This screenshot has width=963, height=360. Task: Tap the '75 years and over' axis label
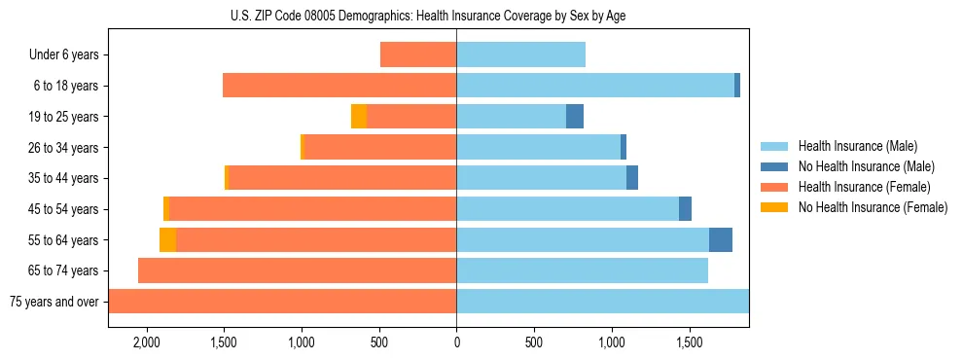coord(54,302)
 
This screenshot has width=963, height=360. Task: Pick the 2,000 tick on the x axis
coord(147,343)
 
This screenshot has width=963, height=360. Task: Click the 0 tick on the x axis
coord(456,343)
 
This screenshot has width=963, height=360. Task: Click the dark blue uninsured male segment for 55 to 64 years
coord(721,240)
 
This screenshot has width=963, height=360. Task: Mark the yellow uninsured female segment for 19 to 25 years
coord(359,117)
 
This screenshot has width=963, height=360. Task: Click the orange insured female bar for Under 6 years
coord(418,55)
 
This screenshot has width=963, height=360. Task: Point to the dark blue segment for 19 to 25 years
coord(575,117)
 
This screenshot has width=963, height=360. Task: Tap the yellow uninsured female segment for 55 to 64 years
coord(167,240)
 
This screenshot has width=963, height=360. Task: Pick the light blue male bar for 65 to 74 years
coord(582,270)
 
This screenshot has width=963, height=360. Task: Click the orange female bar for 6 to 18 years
coord(339,86)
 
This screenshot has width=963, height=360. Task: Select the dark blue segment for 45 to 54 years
coord(685,209)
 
